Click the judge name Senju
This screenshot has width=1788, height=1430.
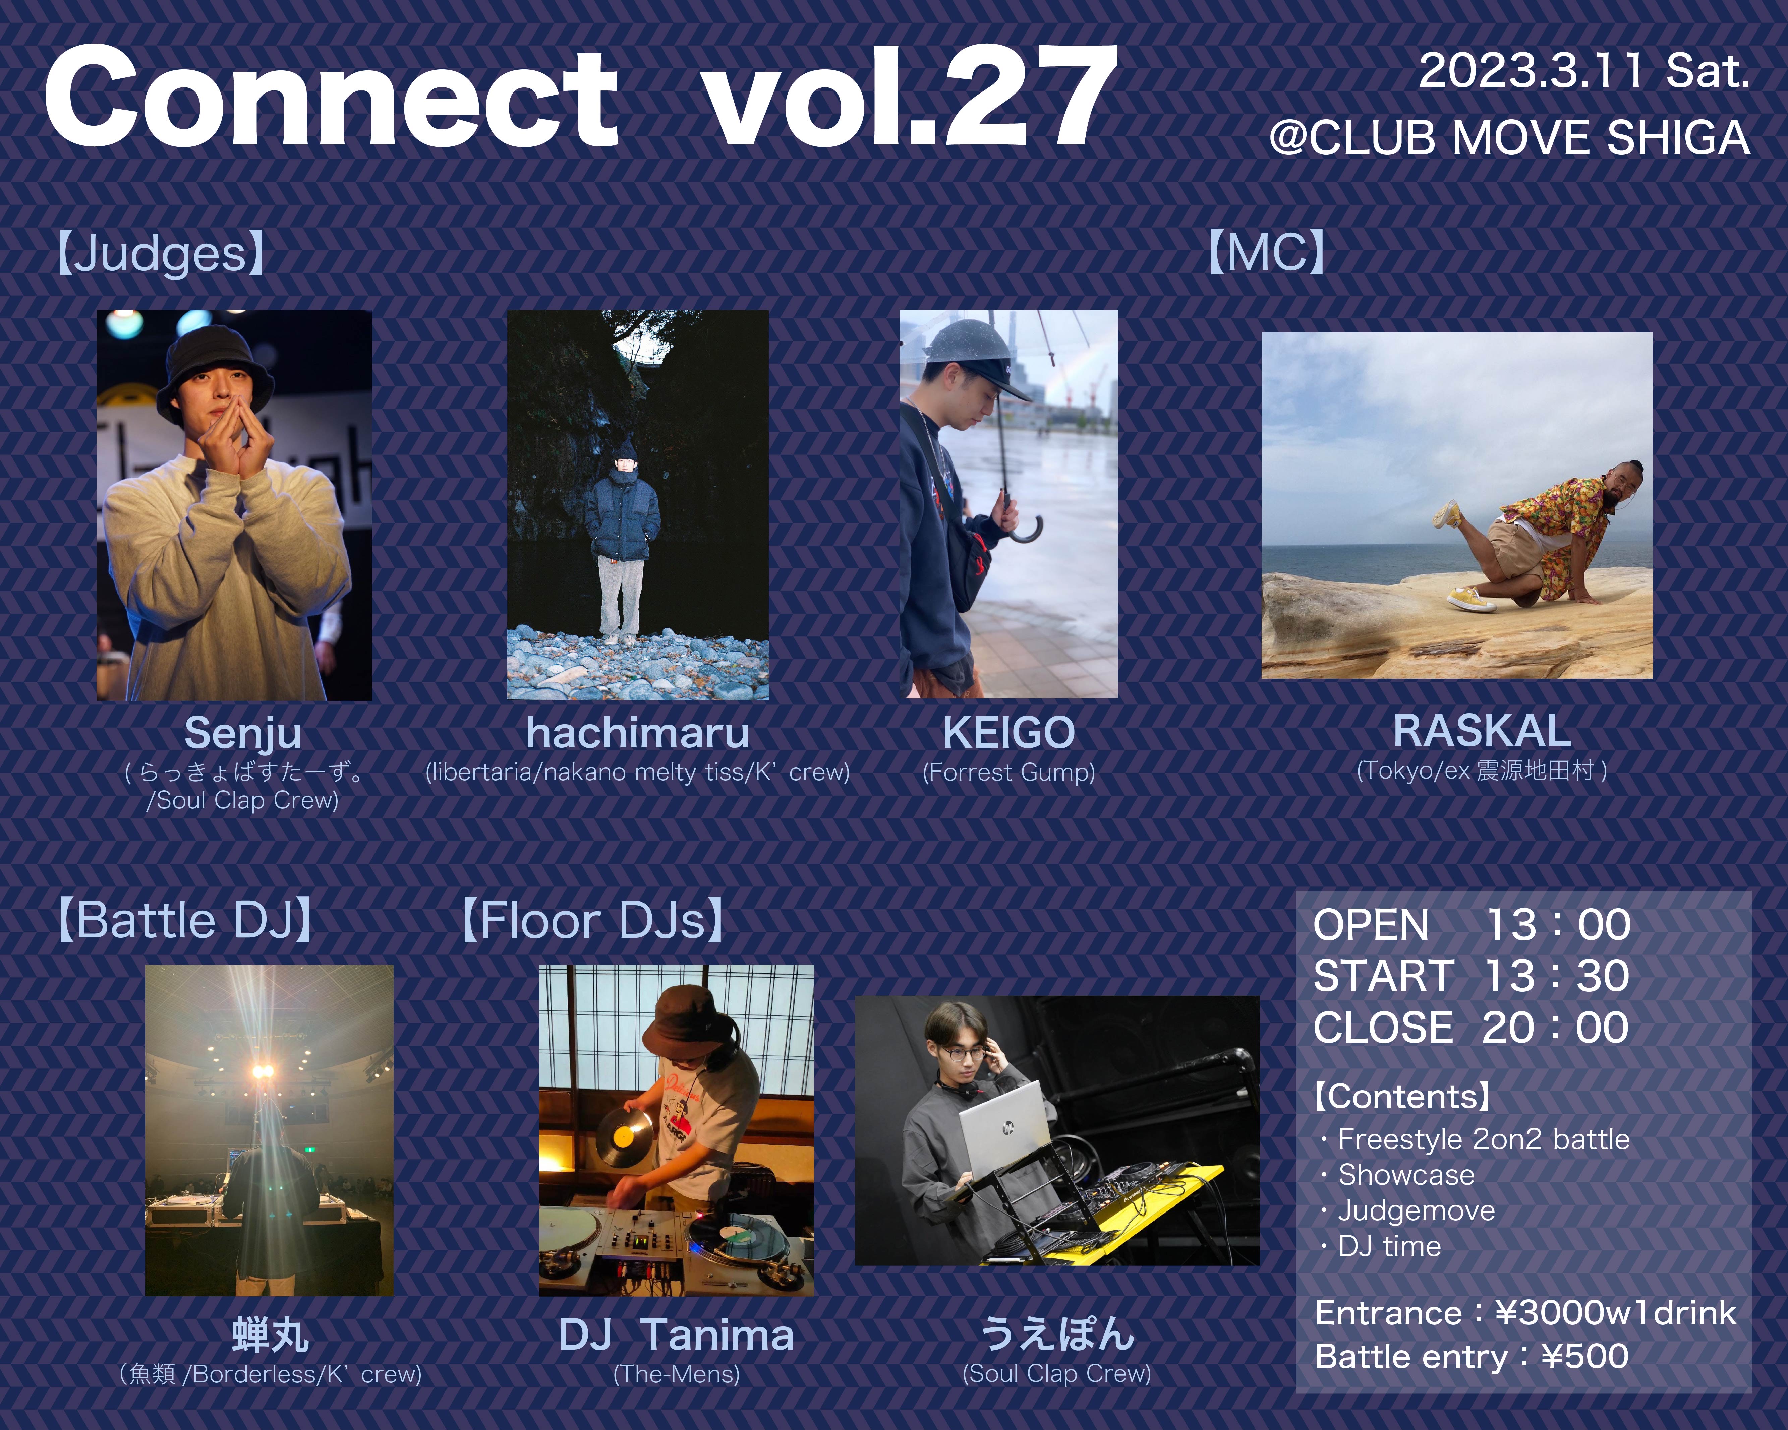(243, 733)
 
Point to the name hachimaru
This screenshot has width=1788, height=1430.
(638, 733)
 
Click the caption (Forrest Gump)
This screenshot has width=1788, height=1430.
(1008, 772)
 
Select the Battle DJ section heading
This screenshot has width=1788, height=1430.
(184, 921)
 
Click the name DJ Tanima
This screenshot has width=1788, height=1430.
(676, 1335)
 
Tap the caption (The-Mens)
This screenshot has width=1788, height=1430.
(676, 1374)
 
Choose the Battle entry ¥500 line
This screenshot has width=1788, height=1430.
(1472, 1357)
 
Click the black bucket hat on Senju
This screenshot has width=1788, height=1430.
(214, 365)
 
